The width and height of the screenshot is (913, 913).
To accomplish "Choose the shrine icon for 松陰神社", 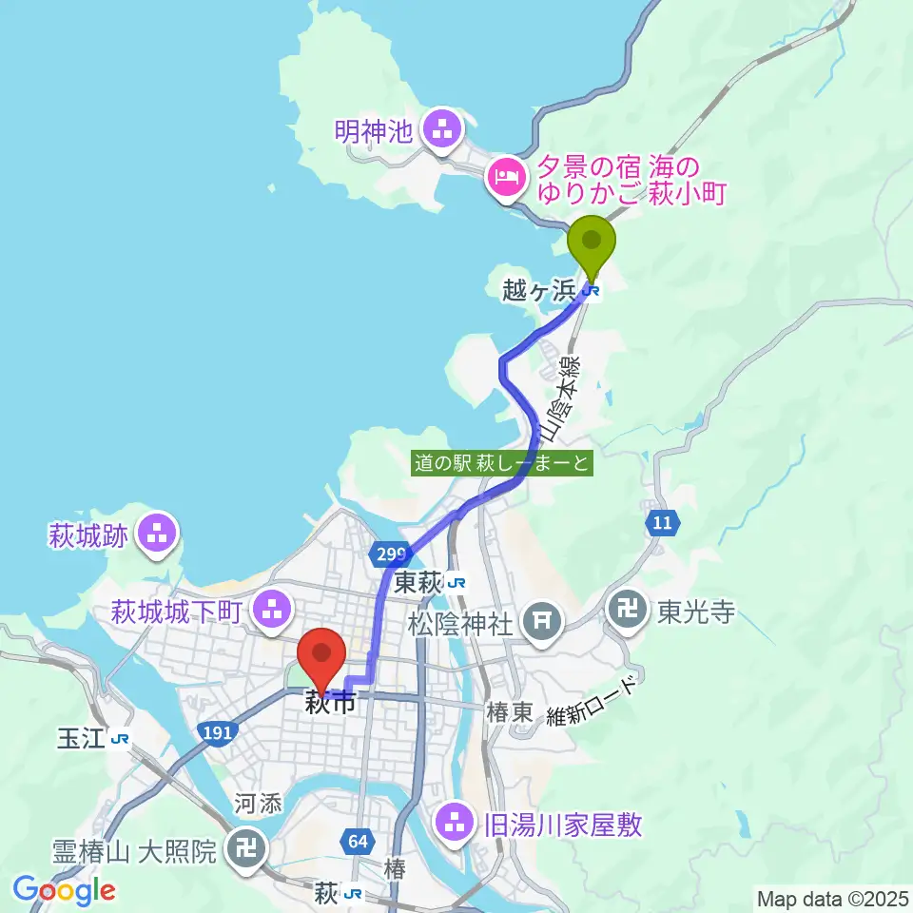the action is (x=542, y=623).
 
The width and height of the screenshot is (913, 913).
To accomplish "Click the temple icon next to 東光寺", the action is (x=630, y=611).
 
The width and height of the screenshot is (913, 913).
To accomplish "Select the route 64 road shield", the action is (x=358, y=842).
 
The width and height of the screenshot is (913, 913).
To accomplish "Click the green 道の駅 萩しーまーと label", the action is (x=503, y=463).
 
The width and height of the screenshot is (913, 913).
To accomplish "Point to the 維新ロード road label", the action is (x=594, y=701).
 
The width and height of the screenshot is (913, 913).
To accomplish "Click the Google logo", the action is (x=64, y=890).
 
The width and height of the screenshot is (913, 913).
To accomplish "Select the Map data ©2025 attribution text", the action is (x=831, y=897).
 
